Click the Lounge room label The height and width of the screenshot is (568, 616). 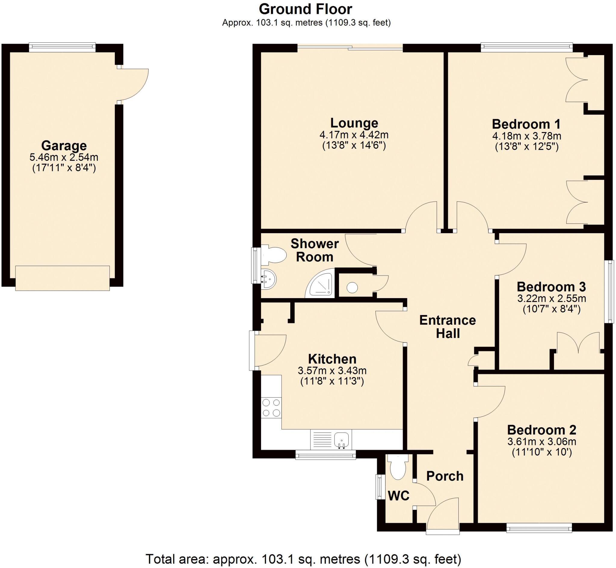pos(354,123)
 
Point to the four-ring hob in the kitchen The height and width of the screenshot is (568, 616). pos(271,408)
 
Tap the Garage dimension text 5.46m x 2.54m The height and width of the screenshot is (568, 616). pos(63,157)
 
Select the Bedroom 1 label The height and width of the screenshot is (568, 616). pos(526,124)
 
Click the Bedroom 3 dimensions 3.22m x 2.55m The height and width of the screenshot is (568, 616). pos(551,298)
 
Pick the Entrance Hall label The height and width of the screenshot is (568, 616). pos(448,327)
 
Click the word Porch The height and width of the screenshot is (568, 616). pos(445,476)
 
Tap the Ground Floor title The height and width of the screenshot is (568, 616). pos(305,9)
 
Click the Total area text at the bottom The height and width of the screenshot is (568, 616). pos(303,559)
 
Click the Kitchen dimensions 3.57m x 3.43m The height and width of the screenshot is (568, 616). pos(332,371)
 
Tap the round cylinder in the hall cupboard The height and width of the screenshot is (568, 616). pos(352,288)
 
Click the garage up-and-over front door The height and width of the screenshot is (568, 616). pos(62,278)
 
